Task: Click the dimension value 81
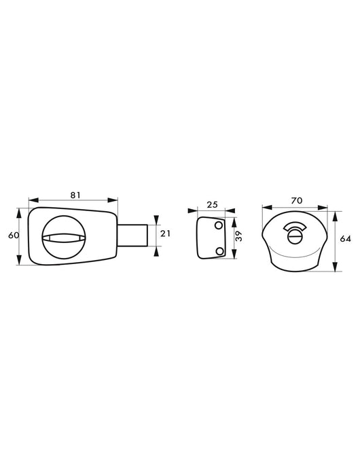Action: (x=75, y=195)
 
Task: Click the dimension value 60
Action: (x=14, y=235)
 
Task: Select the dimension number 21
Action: (x=165, y=234)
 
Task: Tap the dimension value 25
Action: (x=212, y=204)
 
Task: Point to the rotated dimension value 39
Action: (x=239, y=236)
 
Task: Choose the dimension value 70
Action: (x=296, y=201)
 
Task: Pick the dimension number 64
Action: (x=346, y=238)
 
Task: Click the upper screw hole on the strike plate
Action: (x=219, y=225)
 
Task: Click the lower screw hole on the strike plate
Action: (x=219, y=251)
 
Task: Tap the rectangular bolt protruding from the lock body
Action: (x=132, y=235)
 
